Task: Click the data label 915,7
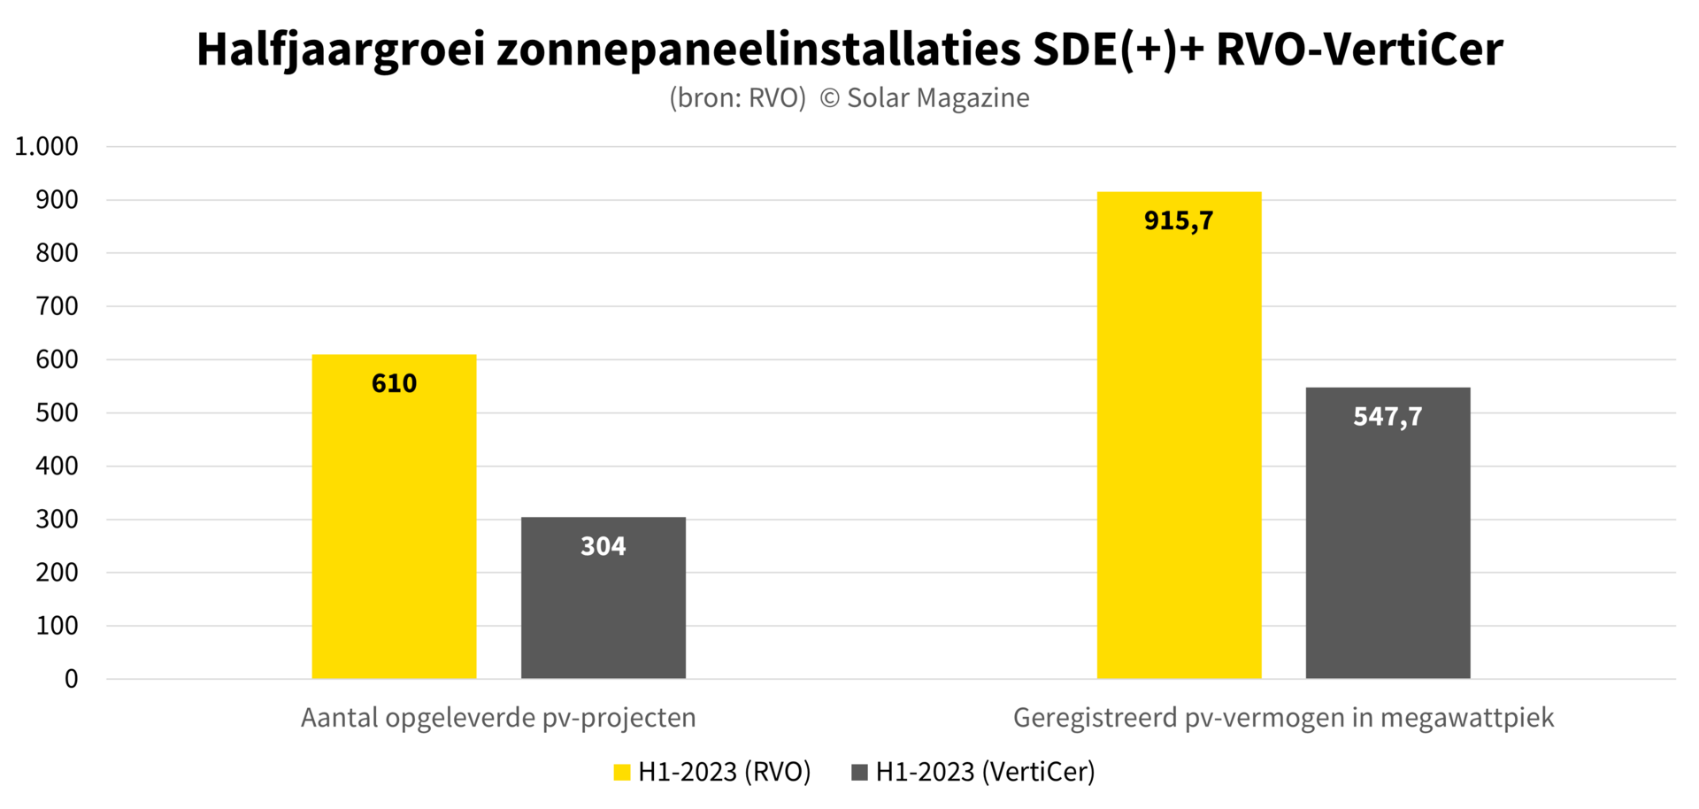(x=1179, y=220)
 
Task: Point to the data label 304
(x=603, y=546)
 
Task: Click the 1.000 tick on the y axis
(x=47, y=146)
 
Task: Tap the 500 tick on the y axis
(x=57, y=412)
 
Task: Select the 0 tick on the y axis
(x=71, y=679)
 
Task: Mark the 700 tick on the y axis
(x=57, y=306)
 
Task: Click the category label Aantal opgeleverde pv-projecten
(x=498, y=717)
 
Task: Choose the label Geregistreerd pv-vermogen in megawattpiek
(x=1283, y=717)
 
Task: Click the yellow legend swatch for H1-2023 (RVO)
(x=622, y=772)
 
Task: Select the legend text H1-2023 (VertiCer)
(x=985, y=772)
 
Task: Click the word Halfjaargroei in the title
(x=341, y=50)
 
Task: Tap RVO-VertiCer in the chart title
(x=1359, y=50)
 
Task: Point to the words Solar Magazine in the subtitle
(x=938, y=97)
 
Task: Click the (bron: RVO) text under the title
(x=737, y=97)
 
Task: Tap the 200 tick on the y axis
(x=57, y=573)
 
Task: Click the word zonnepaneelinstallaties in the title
(x=758, y=50)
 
